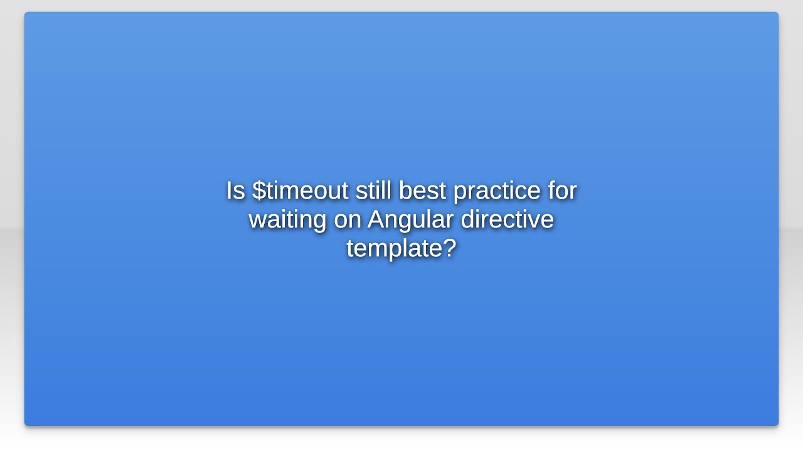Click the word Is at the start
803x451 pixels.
click(235, 190)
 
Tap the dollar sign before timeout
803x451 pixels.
click(258, 190)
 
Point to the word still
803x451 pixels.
click(373, 190)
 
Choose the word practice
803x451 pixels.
click(497, 190)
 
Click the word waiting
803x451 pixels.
click(287, 220)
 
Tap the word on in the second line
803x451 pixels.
click(347, 220)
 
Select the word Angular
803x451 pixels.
click(410, 220)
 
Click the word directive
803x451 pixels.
click(507, 220)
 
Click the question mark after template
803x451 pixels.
click(449, 248)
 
